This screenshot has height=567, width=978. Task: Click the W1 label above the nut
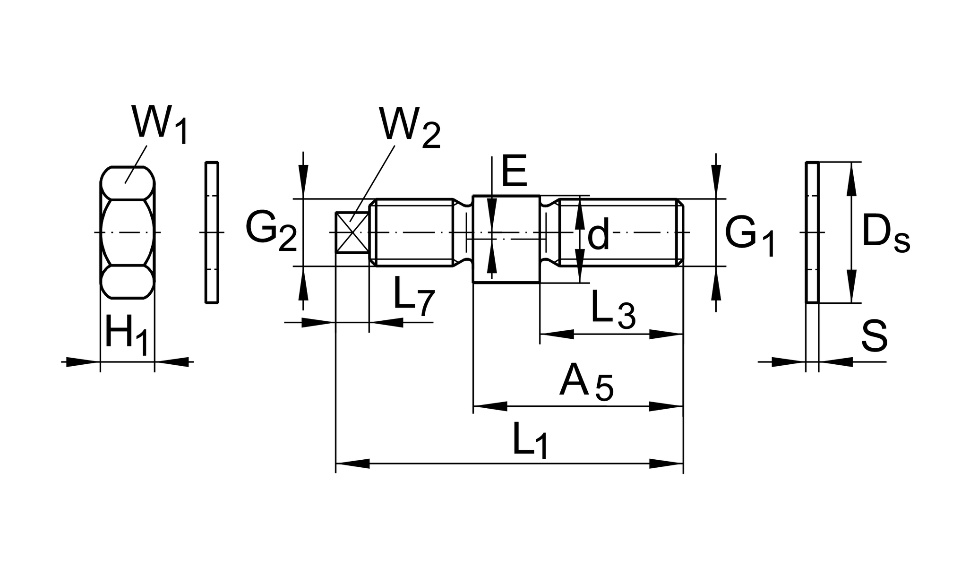tap(160, 125)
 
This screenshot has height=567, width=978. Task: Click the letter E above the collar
tap(514, 171)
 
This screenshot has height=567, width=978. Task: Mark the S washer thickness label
tap(874, 336)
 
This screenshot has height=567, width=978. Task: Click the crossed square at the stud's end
tap(352, 232)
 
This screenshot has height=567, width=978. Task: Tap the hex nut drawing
tap(128, 232)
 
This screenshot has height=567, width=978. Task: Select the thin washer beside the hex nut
tap(212, 232)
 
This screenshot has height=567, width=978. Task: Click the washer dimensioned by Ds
tap(812, 232)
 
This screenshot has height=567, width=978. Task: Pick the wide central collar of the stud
tap(506, 239)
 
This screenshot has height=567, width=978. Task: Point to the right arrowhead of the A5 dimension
tap(666, 406)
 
